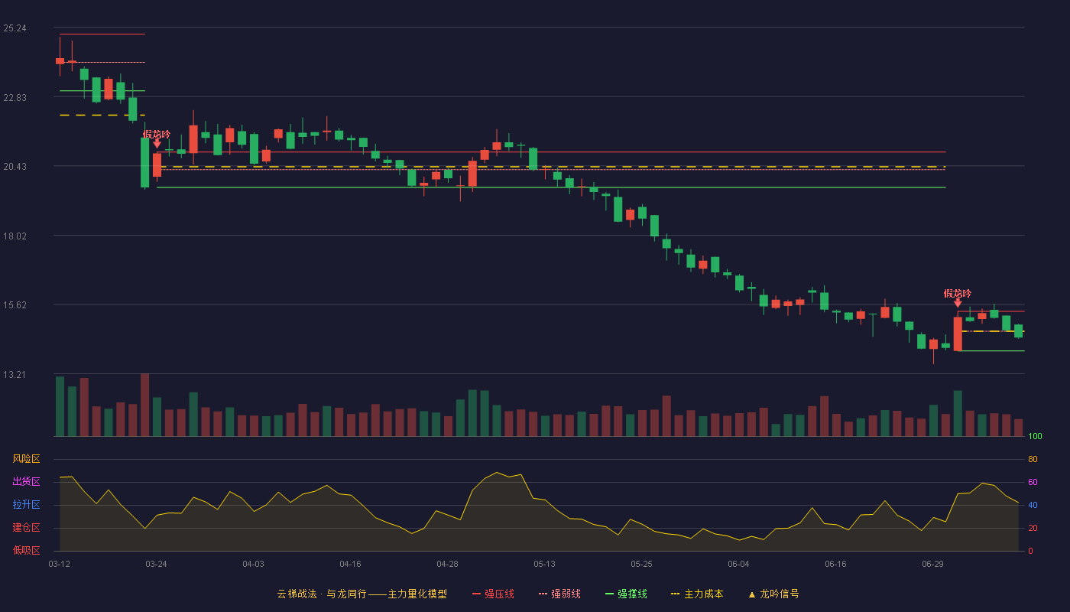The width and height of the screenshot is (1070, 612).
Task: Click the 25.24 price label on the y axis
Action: pos(15,28)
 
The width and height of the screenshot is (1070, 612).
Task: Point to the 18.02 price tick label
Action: pos(15,236)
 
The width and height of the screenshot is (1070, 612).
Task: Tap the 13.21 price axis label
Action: pos(15,374)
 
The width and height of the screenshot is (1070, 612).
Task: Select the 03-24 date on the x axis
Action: pos(156,565)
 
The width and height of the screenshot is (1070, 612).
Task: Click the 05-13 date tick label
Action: pos(544,565)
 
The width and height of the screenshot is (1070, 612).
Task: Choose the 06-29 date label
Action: pos(933,565)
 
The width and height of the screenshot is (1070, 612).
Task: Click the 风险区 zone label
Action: pos(26,459)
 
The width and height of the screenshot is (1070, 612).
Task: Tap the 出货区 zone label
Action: pos(26,481)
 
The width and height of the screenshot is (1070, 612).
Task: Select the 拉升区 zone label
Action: pos(26,504)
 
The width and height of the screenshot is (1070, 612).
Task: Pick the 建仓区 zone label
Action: pos(26,527)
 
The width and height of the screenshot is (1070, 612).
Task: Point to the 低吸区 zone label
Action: pos(26,550)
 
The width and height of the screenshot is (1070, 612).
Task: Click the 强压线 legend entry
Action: pos(494,594)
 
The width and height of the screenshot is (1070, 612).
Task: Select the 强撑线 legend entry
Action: pos(626,594)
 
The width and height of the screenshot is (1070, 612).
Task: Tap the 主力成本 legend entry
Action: pos(697,594)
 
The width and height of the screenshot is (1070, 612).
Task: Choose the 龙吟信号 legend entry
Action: pos(773,594)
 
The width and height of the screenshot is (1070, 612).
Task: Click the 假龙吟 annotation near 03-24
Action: pos(157,135)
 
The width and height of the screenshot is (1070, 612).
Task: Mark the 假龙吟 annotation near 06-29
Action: pos(957,294)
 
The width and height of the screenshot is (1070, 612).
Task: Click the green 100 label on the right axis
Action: pos(1035,436)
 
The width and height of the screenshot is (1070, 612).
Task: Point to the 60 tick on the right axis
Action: pos(1033,482)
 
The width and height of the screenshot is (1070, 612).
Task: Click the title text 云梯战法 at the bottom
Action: pos(297,594)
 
